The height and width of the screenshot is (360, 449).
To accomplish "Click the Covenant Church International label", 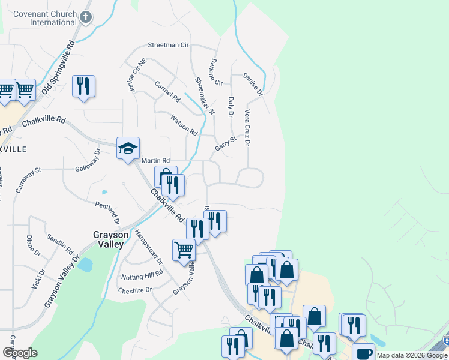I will (x=40, y=17).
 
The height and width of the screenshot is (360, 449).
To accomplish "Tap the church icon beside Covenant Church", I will (x=86, y=17).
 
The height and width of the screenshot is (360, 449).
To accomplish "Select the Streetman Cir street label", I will (x=169, y=45).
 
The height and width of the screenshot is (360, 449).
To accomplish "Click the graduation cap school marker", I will (x=128, y=148).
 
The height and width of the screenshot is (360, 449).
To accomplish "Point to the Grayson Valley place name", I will (x=108, y=239).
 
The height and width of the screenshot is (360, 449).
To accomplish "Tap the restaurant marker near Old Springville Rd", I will (x=83, y=86).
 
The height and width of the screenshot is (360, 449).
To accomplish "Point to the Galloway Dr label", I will (x=88, y=160).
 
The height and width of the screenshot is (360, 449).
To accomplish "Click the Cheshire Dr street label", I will (x=136, y=289).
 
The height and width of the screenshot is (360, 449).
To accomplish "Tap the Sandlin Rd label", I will (x=59, y=243).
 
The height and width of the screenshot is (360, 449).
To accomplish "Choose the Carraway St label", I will (x=29, y=179).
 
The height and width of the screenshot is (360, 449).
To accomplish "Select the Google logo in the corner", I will (x=19, y=353).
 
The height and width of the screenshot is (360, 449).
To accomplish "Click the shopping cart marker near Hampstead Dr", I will (x=184, y=250).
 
